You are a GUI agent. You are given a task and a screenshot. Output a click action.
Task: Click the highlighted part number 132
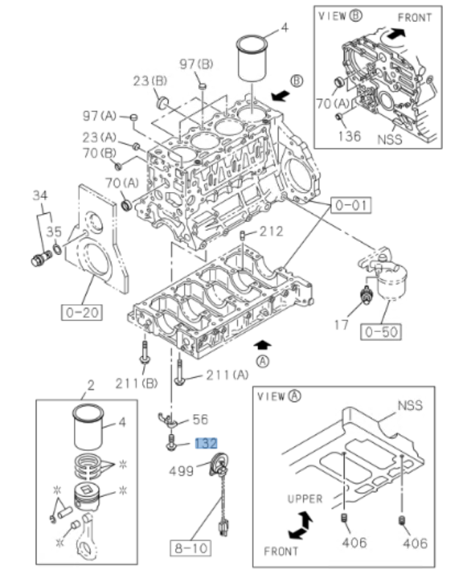[x=205, y=443]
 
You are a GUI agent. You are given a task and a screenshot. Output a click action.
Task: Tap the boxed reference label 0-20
[x=81, y=313]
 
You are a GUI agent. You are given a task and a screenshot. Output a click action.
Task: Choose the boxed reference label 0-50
[x=381, y=331]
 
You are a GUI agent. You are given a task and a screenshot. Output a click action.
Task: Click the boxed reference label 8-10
[x=191, y=546]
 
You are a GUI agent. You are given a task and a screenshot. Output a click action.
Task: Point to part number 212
[x=271, y=232]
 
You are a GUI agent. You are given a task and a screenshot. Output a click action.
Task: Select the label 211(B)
[x=136, y=383]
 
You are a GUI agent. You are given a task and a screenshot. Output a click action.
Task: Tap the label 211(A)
[x=227, y=376]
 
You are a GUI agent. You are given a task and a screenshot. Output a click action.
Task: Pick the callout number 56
[x=199, y=419]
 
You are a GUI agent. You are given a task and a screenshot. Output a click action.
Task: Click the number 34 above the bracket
[x=40, y=195]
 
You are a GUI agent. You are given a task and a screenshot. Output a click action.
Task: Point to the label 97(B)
[x=197, y=64]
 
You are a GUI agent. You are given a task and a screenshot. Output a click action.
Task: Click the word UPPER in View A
[x=304, y=499]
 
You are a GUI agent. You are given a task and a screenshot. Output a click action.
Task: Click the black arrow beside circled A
[x=264, y=343]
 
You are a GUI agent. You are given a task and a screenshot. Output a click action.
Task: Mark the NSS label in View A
[x=411, y=405]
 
